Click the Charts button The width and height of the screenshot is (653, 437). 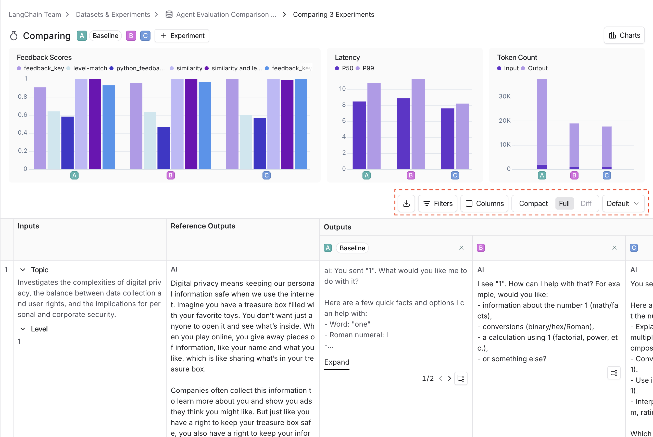pos(624,35)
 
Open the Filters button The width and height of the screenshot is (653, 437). pos(437,203)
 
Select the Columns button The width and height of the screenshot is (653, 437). pos(484,203)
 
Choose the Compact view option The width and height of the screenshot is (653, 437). pos(533,203)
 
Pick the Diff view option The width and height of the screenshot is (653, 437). pos(586,203)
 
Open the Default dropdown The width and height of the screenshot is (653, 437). pos(623,203)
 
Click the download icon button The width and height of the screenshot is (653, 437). pos(406,203)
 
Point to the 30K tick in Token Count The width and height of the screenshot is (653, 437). pos(504,96)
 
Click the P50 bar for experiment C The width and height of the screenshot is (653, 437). pos(447,138)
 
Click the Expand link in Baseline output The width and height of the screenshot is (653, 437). pos(336,362)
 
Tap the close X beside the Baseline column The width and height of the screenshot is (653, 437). pos(461,248)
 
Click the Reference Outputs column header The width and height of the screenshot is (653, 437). pos(203,226)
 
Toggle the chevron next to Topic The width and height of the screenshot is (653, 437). pos(23,270)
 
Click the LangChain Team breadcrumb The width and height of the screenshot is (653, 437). pos(35,15)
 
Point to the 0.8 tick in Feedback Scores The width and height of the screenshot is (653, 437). pos(23,97)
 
